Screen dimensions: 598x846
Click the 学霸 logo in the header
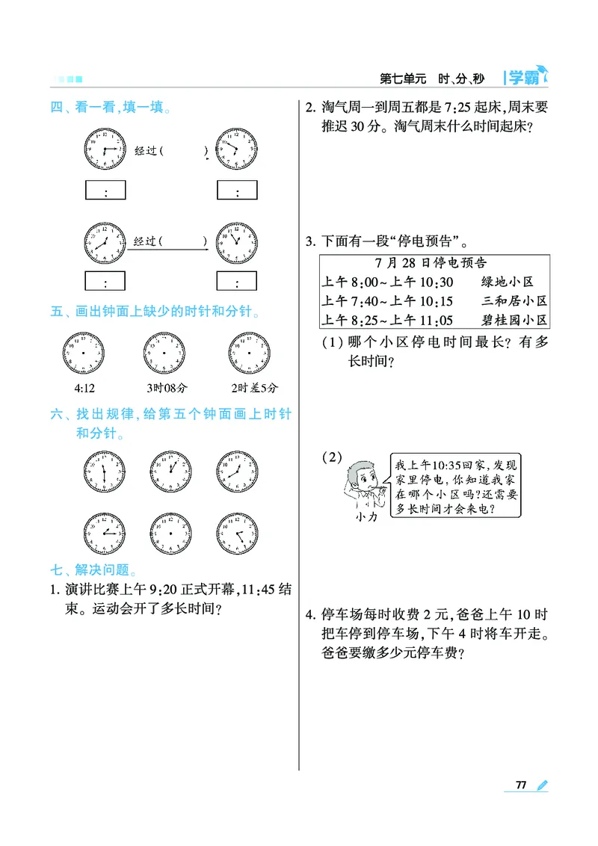pyautogui.click(x=526, y=76)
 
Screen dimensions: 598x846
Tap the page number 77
pyautogui.click(x=521, y=785)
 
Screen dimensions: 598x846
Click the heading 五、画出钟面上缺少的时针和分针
pyautogui.click(x=155, y=311)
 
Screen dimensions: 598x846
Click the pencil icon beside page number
pyautogui.click(x=542, y=785)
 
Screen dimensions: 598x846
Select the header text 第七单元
pyautogui.click(x=402, y=78)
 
